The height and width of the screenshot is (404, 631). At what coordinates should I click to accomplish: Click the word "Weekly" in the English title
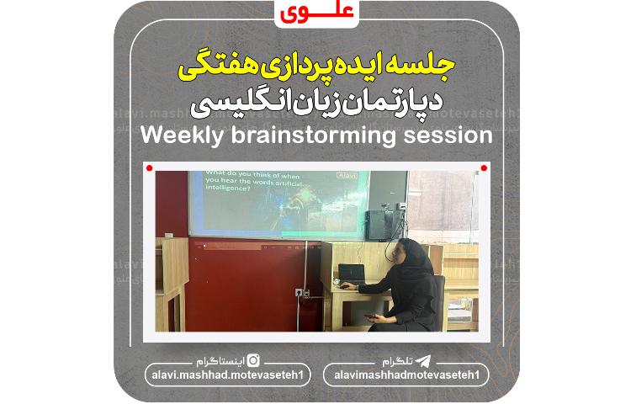point(180,136)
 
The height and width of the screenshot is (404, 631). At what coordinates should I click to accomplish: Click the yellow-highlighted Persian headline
point(315,66)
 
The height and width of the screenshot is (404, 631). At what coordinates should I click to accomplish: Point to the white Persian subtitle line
point(315,104)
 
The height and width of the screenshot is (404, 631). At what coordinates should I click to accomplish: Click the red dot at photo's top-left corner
point(149,168)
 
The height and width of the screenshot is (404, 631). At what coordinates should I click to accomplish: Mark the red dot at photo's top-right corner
point(483,168)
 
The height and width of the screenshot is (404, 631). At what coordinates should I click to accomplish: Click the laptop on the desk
point(351,274)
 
